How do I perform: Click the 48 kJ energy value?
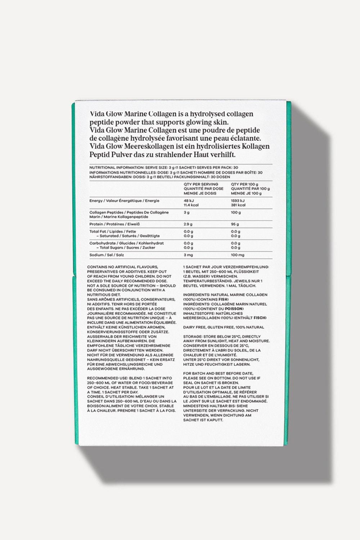point(189,201)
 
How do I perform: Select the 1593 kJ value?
point(238,201)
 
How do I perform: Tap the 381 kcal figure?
point(238,205)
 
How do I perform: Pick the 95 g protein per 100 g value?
point(235,224)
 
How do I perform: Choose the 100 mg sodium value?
point(238,255)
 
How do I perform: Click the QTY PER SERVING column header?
point(201,184)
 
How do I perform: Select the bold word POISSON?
point(234,309)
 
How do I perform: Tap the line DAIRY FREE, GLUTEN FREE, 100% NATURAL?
point(224,327)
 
